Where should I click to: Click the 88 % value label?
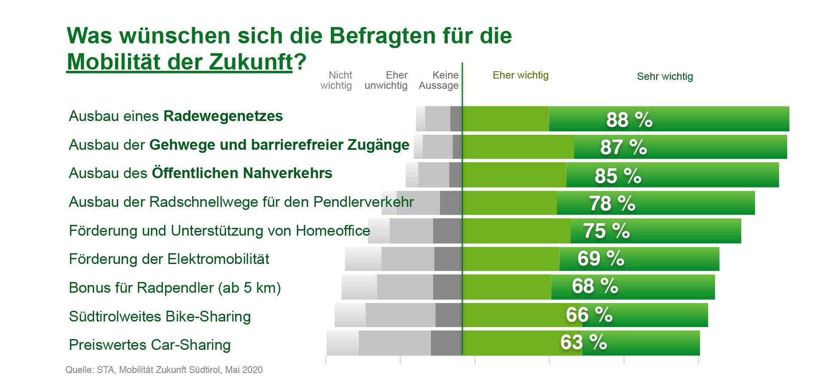click(x=629, y=120)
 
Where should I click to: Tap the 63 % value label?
click(x=583, y=343)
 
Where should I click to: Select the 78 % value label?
click(x=612, y=203)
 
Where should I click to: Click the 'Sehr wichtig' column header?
click(x=665, y=77)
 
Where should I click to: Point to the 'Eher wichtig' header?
click(x=520, y=75)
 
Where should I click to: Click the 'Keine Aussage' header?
click(x=439, y=80)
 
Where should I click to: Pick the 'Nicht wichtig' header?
click(x=336, y=80)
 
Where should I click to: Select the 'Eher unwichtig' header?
click(x=386, y=80)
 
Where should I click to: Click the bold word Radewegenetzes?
click(x=223, y=116)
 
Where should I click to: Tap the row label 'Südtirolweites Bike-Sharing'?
click(x=160, y=317)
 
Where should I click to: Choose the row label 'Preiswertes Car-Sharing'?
click(x=150, y=345)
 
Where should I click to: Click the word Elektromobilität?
click(x=218, y=259)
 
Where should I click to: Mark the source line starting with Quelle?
click(x=164, y=370)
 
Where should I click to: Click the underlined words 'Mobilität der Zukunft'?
click(x=180, y=62)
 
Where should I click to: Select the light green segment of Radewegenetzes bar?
click(x=505, y=119)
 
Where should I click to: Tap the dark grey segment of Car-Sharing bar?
click(x=446, y=343)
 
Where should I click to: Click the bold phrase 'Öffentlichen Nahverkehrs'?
click(x=242, y=173)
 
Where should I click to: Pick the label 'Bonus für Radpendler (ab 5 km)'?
click(x=174, y=288)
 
